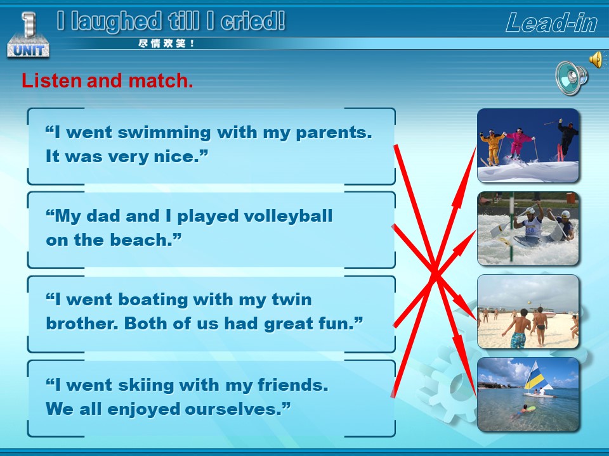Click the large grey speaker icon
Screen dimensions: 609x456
tap(571, 77)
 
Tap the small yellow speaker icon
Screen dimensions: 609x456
tap(597, 60)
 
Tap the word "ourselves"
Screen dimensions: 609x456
tap(232, 409)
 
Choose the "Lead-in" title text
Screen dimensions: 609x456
tap(551, 23)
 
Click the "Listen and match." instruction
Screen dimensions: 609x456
tap(107, 80)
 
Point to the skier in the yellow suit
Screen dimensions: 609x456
tap(492, 147)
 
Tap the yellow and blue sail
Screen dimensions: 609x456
tap(535, 376)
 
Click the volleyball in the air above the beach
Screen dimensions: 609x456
tap(528, 302)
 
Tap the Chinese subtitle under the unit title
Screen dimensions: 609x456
tap(166, 44)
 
